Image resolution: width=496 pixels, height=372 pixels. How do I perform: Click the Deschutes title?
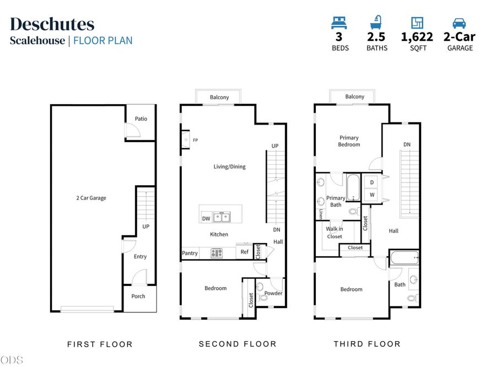[x=52, y=24]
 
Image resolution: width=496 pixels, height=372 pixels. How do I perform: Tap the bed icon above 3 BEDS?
[x=339, y=23]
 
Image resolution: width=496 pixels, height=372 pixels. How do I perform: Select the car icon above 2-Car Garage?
[x=459, y=23]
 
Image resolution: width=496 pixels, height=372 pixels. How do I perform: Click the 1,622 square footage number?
[x=417, y=37]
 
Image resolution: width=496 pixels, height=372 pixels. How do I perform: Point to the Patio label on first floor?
[x=141, y=118]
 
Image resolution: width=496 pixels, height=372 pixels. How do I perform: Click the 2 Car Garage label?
[x=91, y=198]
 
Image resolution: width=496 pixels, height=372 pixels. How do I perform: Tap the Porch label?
[x=138, y=296]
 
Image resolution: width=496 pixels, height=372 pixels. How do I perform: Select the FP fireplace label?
[x=196, y=140]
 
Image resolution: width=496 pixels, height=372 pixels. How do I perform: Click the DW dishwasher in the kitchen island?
[x=206, y=218]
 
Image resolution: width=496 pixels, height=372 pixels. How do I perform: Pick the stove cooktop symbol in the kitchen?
[x=217, y=253]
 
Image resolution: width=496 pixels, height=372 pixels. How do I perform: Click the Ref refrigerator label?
[x=245, y=252]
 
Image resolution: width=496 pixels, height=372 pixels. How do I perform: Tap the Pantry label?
[x=190, y=253]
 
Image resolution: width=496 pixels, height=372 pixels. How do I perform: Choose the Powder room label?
[x=273, y=293]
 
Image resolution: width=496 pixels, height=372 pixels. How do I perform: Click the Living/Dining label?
[x=229, y=166]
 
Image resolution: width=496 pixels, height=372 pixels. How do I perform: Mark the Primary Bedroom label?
[x=349, y=141]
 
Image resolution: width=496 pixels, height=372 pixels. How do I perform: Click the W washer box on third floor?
[x=372, y=195]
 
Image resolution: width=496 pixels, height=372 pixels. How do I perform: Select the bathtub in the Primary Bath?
[x=353, y=187]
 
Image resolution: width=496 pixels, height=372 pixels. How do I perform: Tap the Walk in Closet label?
[x=335, y=233]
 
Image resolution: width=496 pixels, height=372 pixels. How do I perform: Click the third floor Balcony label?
[x=354, y=96]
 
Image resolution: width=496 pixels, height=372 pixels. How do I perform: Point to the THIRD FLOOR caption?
[x=367, y=344]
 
